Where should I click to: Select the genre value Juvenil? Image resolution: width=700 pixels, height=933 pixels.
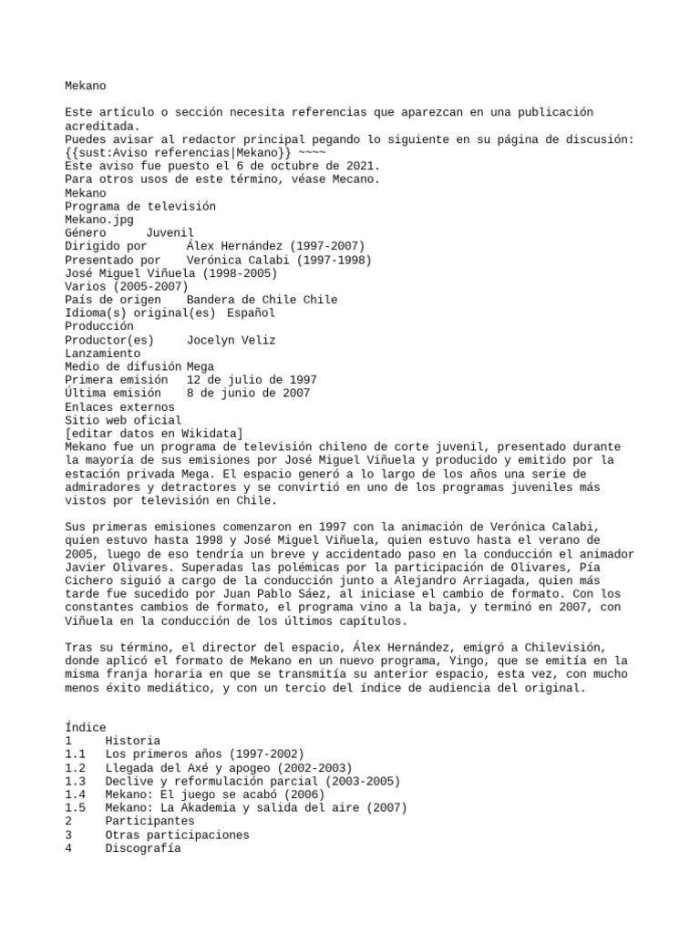(170, 233)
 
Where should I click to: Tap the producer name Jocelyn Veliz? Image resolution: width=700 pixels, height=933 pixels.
(231, 340)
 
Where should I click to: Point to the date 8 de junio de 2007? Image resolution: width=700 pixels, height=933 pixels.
(248, 394)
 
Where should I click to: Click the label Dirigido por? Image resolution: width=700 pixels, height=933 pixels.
(106, 246)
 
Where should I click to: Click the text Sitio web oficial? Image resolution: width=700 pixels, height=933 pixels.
(123, 420)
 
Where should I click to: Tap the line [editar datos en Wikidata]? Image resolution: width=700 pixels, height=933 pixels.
(154, 434)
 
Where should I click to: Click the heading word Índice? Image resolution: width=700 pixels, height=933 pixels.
(86, 727)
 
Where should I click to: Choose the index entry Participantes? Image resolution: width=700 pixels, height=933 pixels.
(149, 821)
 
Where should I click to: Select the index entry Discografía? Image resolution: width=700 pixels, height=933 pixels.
(142, 848)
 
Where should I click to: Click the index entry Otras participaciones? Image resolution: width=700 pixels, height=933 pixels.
(177, 835)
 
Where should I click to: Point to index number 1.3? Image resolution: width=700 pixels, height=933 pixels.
(76, 781)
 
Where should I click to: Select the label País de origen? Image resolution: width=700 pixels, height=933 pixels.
(113, 300)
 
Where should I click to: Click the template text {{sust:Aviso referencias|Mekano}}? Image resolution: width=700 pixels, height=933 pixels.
(179, 153)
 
